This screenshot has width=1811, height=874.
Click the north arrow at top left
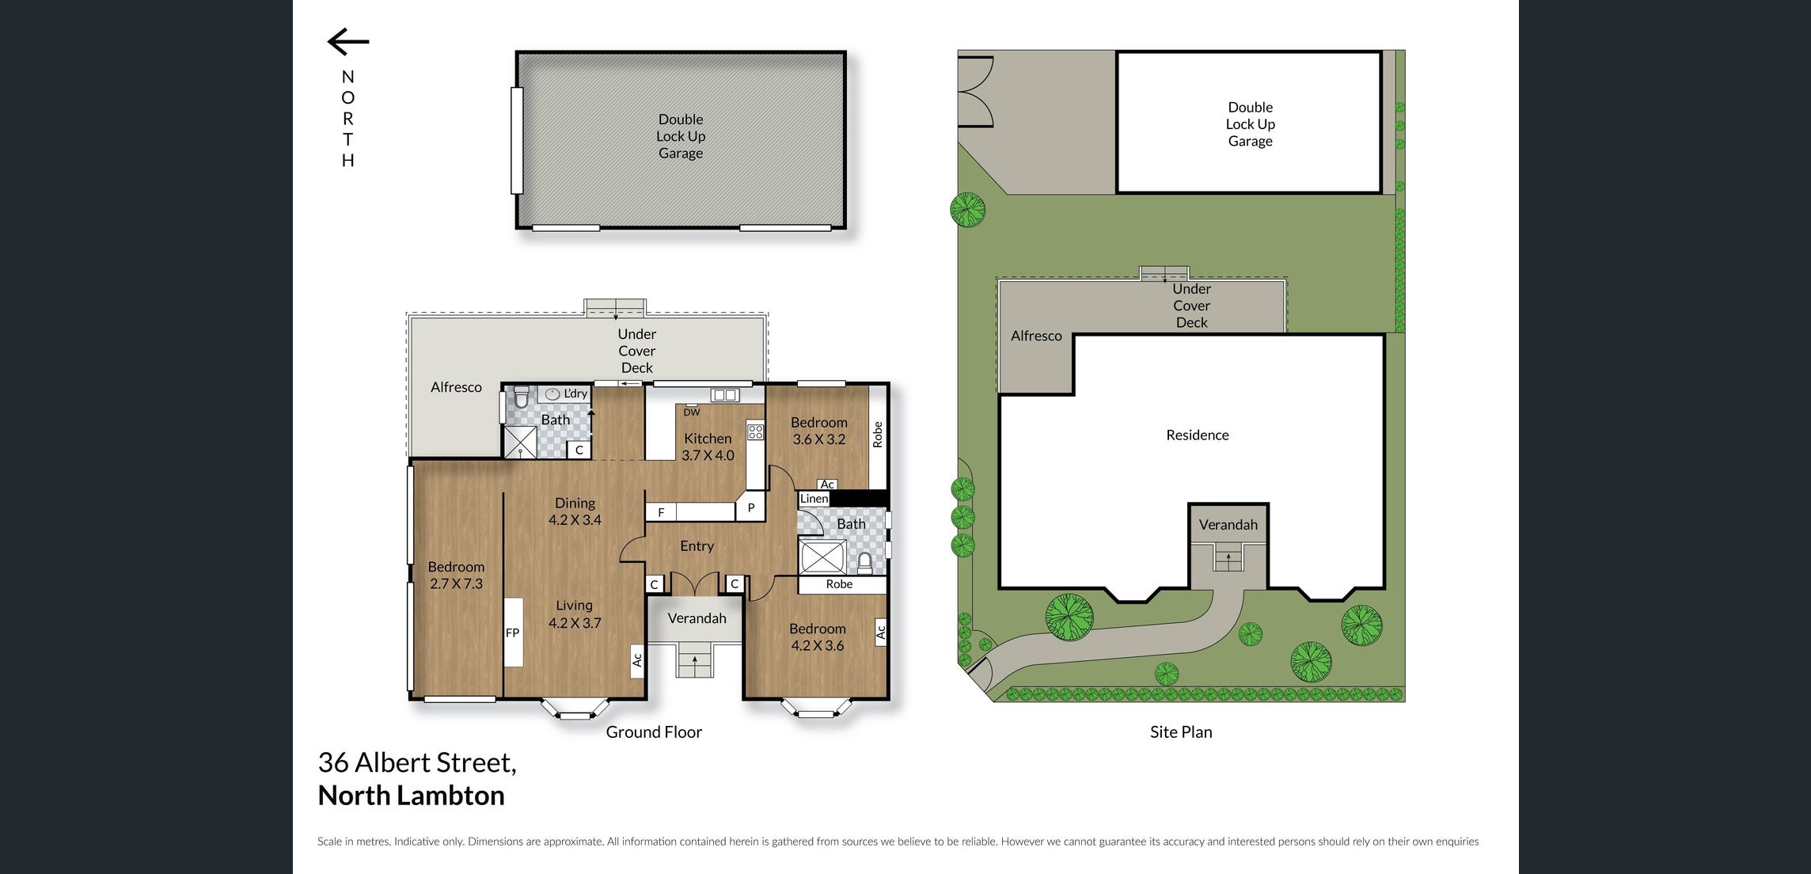[348, 42]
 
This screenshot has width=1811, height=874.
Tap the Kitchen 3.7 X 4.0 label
[708, 446]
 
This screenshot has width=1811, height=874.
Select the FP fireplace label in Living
[512, 633]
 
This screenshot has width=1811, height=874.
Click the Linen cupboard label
[814, 498]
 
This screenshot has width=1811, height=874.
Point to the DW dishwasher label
[692, 412]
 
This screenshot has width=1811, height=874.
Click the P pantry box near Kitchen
[750, 507]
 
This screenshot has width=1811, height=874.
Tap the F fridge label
[661, 513]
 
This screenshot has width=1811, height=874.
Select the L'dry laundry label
[575, 393]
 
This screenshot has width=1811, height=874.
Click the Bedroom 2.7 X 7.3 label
[456, 576]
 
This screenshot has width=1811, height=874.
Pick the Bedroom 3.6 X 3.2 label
[818, 431]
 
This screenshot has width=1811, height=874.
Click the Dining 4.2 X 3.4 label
[575, 511]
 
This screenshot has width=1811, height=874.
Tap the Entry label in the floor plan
[697, 546]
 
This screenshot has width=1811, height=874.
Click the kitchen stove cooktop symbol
[755, 432]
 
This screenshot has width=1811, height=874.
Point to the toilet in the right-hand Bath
[864, 563]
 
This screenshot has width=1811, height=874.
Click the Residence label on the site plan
[1197, 435]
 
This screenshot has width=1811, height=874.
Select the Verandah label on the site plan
[1228, 525]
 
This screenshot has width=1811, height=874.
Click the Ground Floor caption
[654, 732]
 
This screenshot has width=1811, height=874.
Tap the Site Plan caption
[1181, 732]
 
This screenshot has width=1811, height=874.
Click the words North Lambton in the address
[411, 796]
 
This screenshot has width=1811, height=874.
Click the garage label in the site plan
[1250, 124]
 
